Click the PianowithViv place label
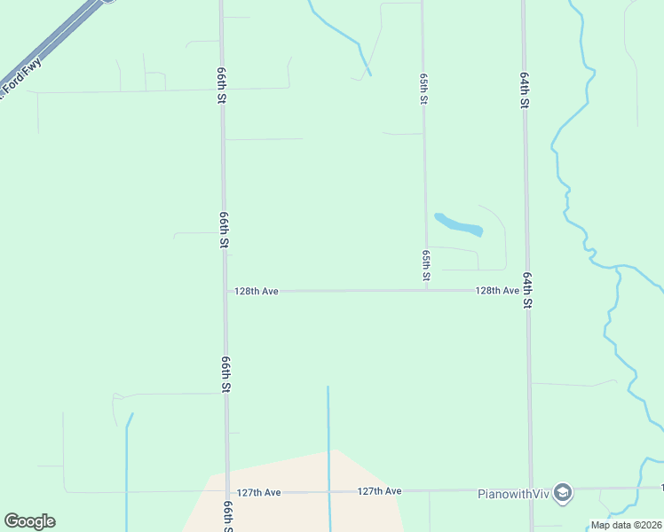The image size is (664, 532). pos(514,493)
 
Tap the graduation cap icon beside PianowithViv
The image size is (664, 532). pos(562,493)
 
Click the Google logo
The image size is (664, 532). pos(29,521)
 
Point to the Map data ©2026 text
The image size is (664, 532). pos(625,525)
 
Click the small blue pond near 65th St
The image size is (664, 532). pos(458,223)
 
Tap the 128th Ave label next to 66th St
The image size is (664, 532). pos(257,291)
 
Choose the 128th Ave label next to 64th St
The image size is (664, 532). pos(497,291)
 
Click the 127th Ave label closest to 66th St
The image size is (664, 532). pos(259,492)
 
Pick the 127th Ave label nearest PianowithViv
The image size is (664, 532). pos(380,490)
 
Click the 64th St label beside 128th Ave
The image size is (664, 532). pos(527,291)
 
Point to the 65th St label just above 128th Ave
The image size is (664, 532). pos(427,266)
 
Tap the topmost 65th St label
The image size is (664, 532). pos(423,89)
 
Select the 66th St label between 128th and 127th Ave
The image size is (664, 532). pos(227,375)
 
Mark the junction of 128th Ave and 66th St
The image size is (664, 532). pos(225,291)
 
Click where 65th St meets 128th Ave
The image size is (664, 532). pos(427,291)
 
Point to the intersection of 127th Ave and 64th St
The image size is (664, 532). pos(532,489)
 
